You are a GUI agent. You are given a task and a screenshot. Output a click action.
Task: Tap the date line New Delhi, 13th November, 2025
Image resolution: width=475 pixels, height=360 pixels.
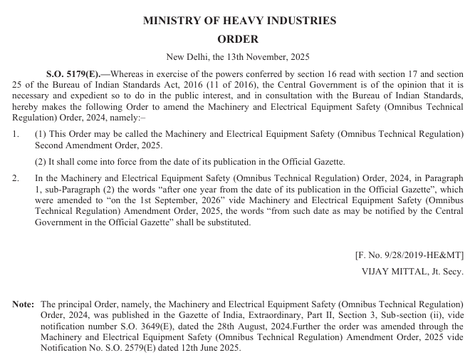(237, 57)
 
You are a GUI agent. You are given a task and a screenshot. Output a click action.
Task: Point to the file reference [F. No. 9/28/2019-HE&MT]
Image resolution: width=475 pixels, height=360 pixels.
(409, 254)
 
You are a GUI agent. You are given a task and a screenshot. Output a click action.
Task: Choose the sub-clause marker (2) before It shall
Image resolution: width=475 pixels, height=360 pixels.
(41, 162)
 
